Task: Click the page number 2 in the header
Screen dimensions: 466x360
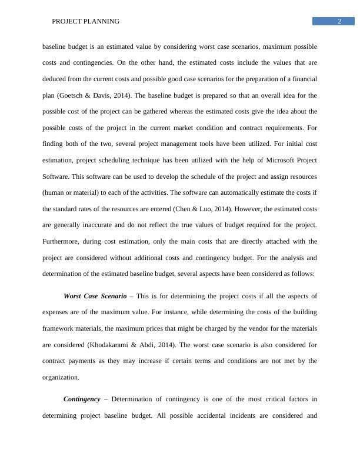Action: pyautogui.click(x=339, y=22)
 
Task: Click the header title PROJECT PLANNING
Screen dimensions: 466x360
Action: pyautogui.click(x=86, y=22)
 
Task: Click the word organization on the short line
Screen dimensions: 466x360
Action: pyautogui.click(x=62, y=377)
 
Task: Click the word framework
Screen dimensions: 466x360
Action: pyautogui.click(x=60, y=328)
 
